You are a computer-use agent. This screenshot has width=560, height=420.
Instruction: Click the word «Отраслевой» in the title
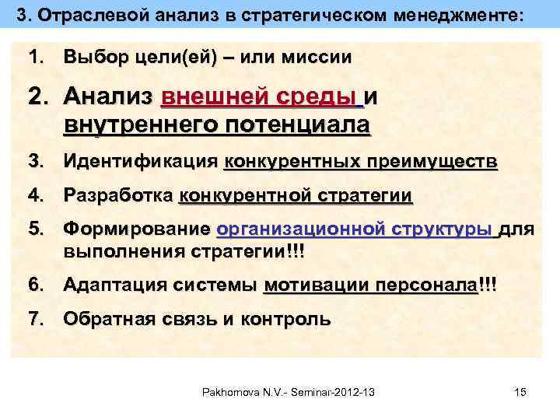point(84,15)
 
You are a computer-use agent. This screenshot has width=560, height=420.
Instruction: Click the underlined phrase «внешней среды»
point(260,97)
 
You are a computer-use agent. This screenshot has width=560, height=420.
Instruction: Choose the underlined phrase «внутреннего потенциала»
point(217,124)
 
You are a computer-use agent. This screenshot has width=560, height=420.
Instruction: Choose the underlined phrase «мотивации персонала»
point(370,285)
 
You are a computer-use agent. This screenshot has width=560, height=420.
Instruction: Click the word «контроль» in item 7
point(285,318)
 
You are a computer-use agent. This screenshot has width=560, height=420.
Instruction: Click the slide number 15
point(520,392)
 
